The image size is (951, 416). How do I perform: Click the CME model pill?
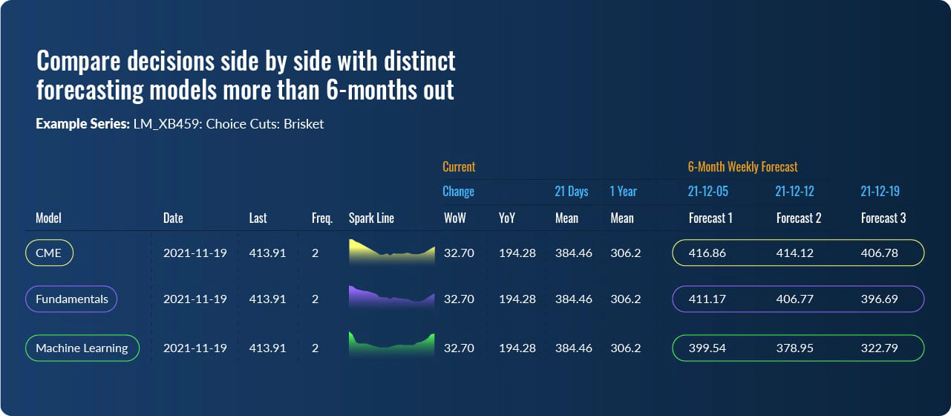(49, 253)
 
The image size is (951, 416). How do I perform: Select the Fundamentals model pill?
(71, 299)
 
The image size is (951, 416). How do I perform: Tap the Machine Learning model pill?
(82, 348)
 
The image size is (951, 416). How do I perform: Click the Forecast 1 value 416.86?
(707, 253)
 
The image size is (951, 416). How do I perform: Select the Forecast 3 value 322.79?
(879, 348)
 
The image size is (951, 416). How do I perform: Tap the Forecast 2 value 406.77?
(794, 299)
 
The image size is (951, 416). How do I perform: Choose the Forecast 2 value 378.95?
(794, 348)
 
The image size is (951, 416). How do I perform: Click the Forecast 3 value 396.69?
(879, 299)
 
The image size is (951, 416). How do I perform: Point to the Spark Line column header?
(371, 218)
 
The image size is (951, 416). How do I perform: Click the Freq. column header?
(321, 218)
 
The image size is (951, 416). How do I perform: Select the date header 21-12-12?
(794, 192)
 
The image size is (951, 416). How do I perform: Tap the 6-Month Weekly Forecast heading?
(742, 166)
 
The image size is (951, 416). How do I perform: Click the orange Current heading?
(459, 166)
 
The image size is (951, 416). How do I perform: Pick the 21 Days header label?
(571, 192)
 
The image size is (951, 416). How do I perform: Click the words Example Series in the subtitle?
(82, 124)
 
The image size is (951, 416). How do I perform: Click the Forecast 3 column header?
(883, 218)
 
